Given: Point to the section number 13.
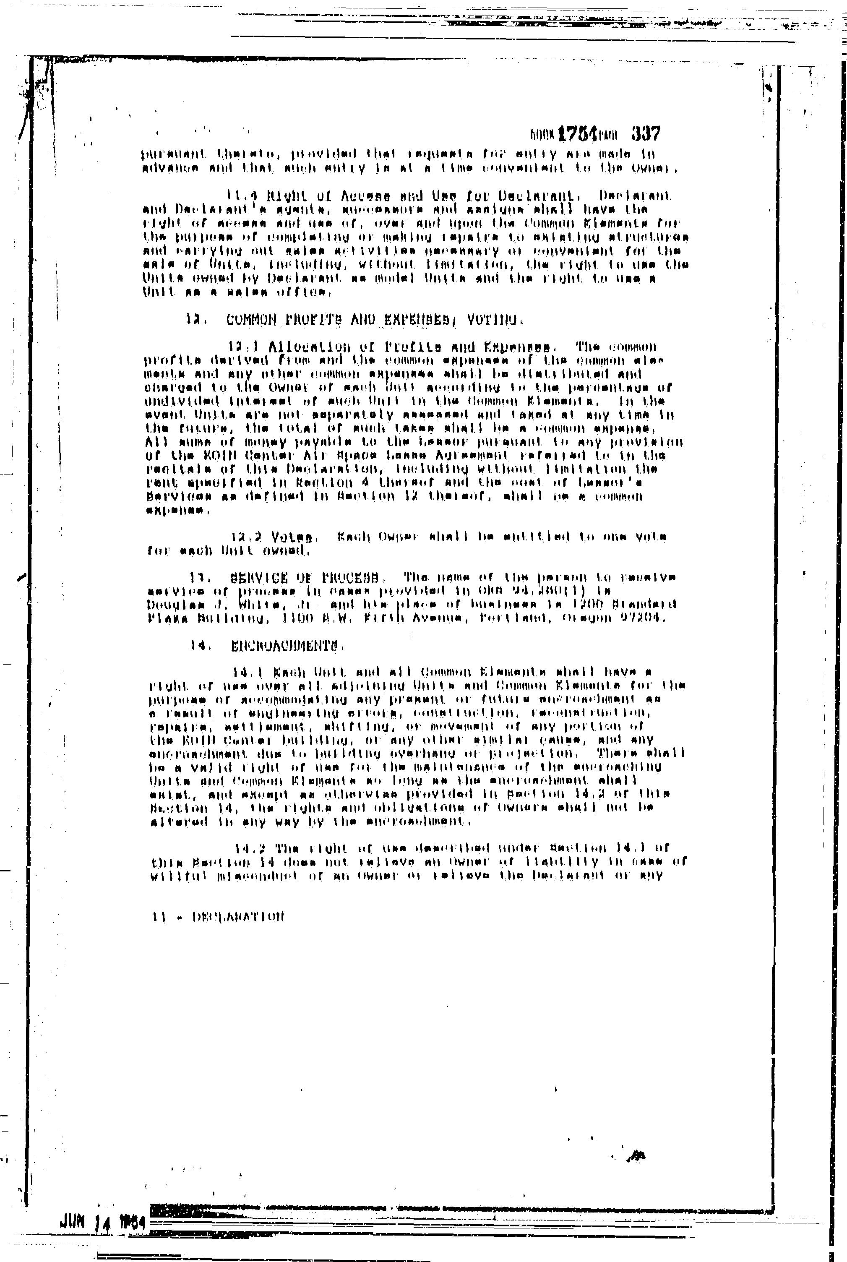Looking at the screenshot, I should point(197,577).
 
